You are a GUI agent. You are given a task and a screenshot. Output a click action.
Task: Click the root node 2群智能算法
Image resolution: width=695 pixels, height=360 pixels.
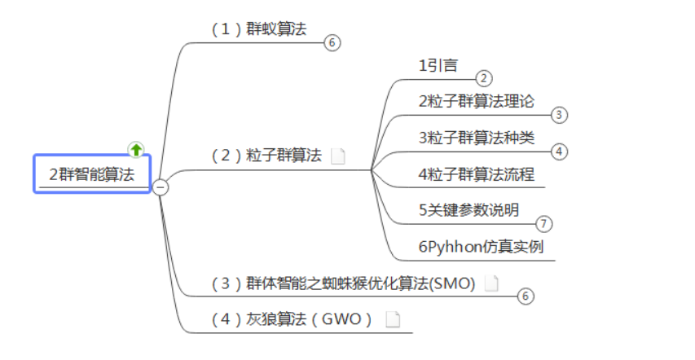click(91, 173)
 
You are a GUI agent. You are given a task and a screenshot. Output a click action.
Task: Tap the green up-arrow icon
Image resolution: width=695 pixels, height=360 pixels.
click(136, 150)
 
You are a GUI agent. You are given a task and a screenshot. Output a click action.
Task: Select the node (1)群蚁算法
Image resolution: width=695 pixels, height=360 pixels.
click(259, 29)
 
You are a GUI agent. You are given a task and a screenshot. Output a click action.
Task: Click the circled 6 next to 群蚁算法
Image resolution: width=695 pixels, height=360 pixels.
click(331, 43)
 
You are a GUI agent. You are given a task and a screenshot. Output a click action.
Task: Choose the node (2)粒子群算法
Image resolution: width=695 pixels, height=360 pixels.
click(266, 156)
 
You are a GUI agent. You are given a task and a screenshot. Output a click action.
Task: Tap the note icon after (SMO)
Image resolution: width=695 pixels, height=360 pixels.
click(490, 283)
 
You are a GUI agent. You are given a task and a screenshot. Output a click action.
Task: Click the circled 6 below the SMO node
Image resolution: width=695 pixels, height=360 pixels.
click(525, 296)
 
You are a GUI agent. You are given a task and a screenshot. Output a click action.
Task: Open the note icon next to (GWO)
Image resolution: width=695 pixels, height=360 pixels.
click(393, 319)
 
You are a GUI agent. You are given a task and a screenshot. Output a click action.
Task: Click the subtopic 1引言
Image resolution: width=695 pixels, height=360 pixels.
click(438, 66)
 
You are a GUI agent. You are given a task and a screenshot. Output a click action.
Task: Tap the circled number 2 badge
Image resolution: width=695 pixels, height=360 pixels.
click(484, 78)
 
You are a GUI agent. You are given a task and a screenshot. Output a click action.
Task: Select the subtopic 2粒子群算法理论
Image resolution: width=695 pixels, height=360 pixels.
click(477, 102)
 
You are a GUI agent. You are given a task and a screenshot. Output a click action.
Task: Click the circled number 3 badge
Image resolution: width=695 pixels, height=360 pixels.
click(558, 115)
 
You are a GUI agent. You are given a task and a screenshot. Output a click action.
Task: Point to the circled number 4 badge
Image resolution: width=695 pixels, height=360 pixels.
click(558, 151)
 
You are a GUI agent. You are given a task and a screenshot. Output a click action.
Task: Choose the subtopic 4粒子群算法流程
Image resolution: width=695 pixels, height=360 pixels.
click(477, 173)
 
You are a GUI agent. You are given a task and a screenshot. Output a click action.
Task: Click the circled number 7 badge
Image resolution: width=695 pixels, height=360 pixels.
click(544, 223)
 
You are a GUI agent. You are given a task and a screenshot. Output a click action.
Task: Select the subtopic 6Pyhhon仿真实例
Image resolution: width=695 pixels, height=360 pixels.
click(481, 247)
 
